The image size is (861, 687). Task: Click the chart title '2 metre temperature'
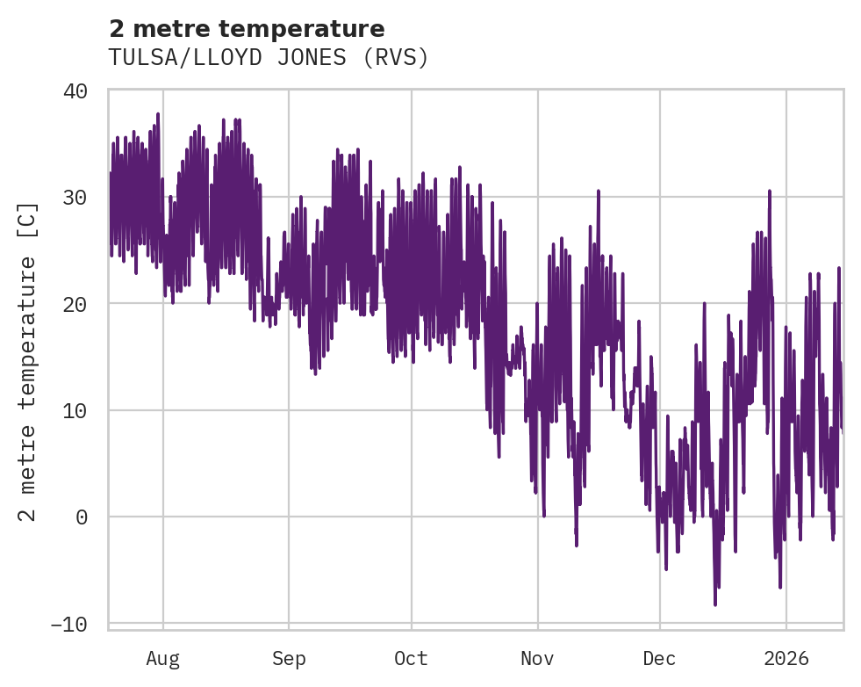tap(247, 29)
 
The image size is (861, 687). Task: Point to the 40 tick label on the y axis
tap(75, 90)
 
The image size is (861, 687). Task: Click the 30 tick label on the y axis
tap(75, 197)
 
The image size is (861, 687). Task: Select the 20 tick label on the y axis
tap(75, 304)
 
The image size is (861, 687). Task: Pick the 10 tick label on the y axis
tap(75, 410)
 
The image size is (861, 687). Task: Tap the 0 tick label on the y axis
tap(82, 517)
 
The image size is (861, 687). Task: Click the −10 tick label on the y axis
tap(69, 624)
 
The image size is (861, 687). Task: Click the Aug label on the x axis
tap(162, 659)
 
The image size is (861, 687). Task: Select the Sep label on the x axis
tap(288, 659)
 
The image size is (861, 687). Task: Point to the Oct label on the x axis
tap(411, 659)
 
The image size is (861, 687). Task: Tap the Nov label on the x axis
tap(537, 659)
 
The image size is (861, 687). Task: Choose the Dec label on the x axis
tap(659, 659)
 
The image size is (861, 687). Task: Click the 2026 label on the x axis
tap(786, 659)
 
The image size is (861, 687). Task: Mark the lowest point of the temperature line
tap(715, 604)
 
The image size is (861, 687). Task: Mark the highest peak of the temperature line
tap(158, 114)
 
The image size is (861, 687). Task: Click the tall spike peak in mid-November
tap(599, 191)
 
